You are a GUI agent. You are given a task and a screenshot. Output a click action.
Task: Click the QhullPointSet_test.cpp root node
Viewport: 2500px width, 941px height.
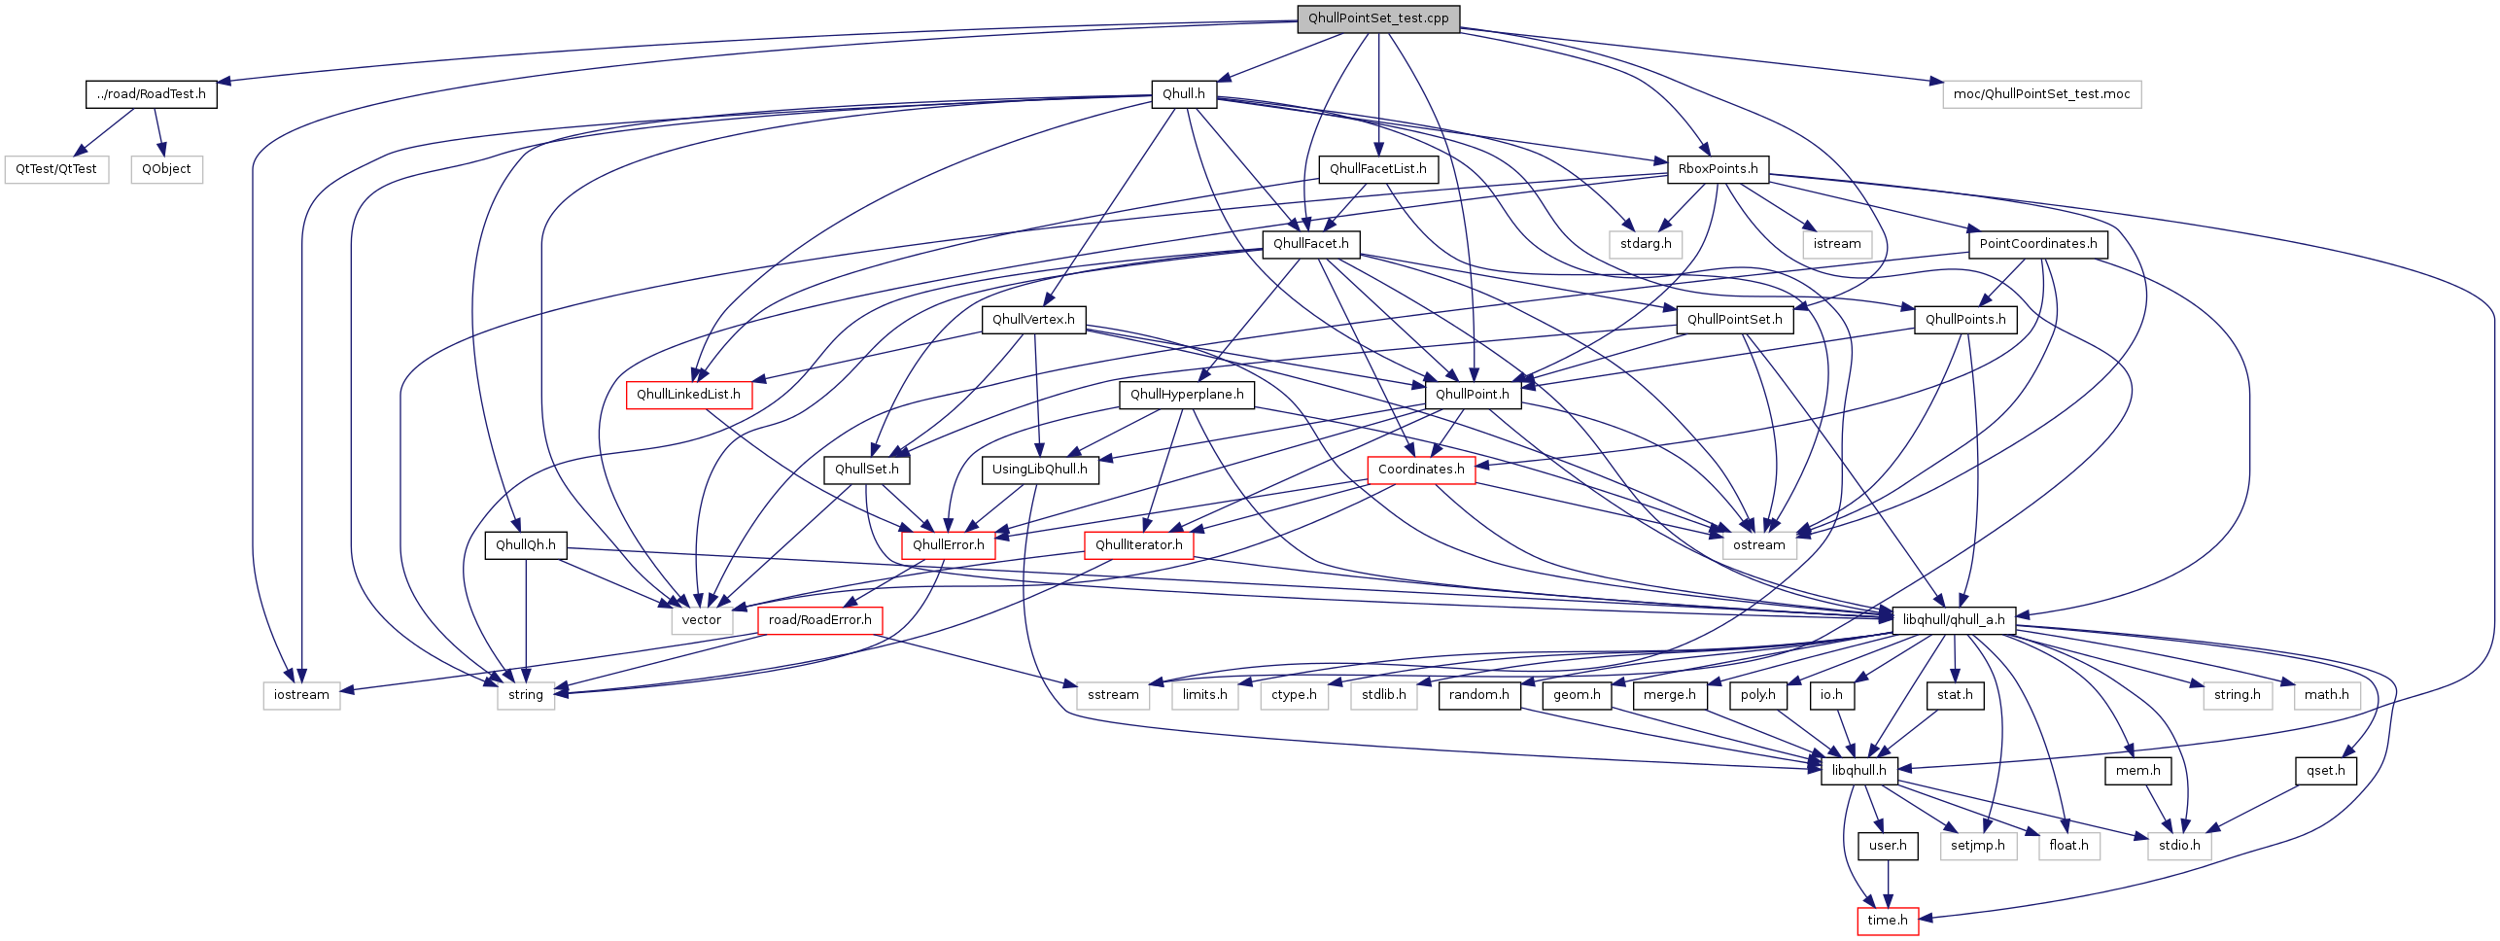1378,18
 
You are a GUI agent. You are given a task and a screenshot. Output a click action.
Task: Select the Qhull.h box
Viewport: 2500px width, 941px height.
1183,93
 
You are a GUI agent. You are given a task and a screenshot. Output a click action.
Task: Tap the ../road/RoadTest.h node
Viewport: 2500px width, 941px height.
151,93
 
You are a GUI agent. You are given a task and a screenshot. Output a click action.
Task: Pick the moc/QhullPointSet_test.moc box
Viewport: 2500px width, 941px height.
2041,93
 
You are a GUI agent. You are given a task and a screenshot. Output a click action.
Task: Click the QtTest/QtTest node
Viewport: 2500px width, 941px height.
56,168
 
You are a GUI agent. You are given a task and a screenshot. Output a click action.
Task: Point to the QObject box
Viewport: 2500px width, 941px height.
166,168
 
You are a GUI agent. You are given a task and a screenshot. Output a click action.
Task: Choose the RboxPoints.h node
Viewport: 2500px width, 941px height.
1718,168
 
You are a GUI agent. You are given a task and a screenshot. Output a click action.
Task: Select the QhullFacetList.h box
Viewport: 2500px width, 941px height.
1377,168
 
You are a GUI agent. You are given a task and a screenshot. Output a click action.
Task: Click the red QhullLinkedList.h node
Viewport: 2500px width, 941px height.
688,394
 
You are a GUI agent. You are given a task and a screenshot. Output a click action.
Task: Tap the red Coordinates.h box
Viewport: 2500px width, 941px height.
1421,469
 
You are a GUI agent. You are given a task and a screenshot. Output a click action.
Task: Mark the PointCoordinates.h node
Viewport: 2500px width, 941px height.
2038,243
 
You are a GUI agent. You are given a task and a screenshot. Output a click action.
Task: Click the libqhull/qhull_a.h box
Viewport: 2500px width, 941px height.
1954,619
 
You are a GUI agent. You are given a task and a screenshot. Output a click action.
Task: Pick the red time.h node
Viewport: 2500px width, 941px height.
1888,920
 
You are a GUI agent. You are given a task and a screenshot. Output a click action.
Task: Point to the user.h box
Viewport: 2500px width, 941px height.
1888,845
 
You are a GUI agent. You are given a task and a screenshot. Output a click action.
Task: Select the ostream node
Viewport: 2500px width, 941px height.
1759,544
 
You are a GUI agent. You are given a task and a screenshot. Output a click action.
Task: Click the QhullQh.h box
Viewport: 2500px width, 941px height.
526,544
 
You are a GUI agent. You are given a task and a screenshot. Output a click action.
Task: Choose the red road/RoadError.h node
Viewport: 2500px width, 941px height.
819,619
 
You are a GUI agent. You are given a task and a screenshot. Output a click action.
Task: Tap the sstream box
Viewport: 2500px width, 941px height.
1113,694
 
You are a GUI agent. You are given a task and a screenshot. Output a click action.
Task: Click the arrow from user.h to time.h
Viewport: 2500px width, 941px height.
1888,883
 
